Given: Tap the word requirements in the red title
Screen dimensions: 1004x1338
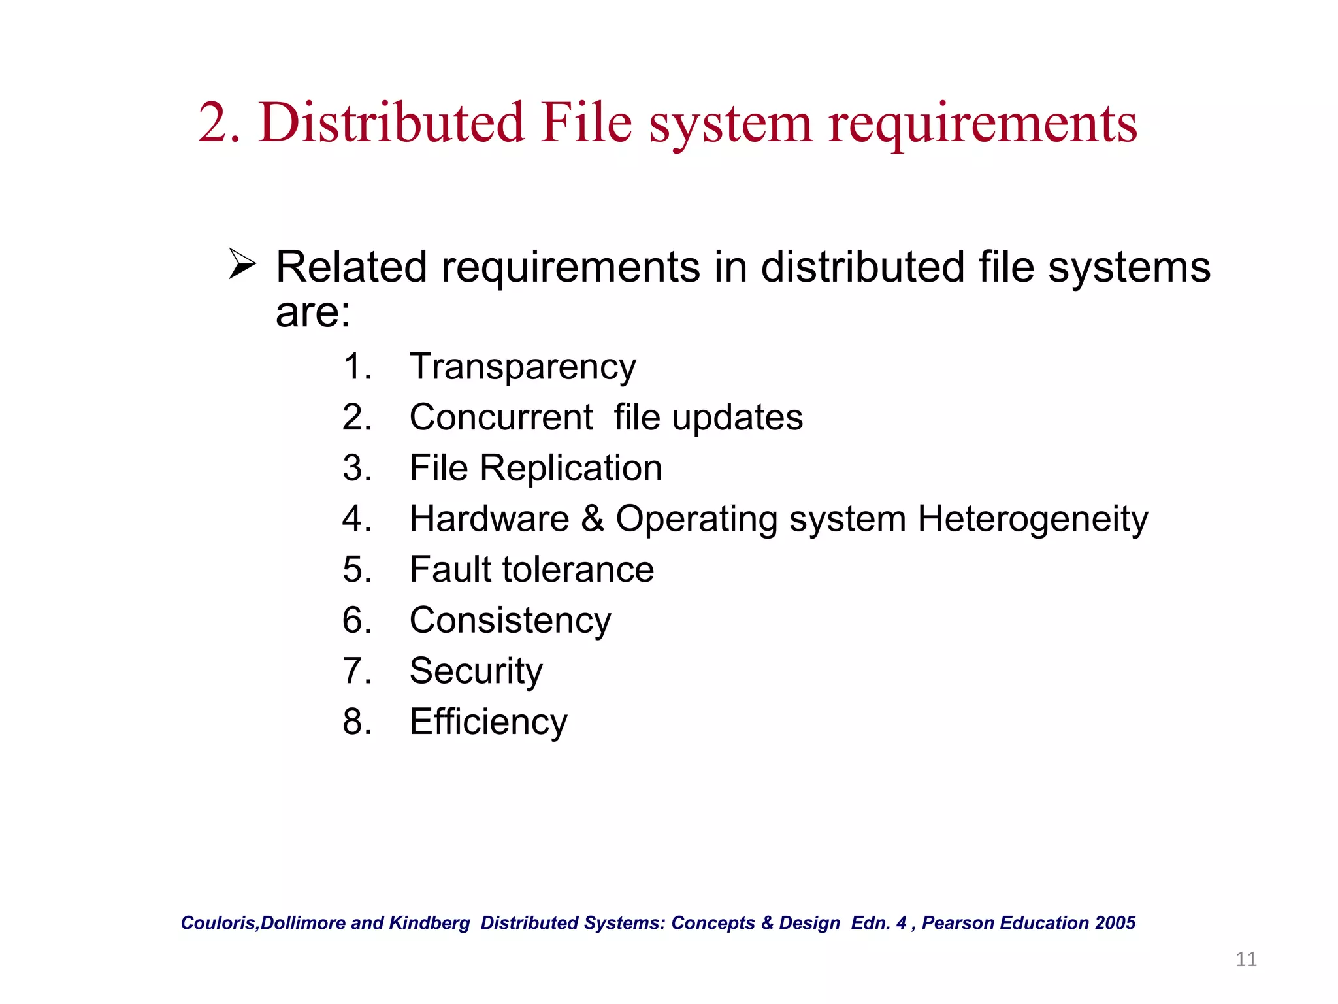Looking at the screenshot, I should [x=983, y=124].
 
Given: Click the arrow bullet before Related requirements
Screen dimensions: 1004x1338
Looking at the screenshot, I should [x=242, y=265].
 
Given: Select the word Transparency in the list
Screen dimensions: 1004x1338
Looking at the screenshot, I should [x=523, y=367].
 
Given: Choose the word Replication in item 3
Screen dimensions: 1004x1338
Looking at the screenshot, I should [x=571, y=468].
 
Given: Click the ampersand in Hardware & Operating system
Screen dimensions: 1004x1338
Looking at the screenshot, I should [x=593, y=518].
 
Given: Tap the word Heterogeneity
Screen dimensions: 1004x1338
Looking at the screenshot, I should [x=1032, y=520].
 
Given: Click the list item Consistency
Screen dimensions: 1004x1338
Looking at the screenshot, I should [x=510, y=620].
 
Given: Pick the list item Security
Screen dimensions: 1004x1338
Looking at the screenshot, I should [x=476, y=671].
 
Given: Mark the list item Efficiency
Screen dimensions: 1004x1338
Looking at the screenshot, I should [x=488, y=722].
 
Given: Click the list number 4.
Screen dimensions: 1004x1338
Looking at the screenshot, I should [x=357, y=518].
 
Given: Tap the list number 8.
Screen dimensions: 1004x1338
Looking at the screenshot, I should [x=357, y=722].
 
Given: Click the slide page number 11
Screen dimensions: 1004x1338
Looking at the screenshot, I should [x=1246, y=959].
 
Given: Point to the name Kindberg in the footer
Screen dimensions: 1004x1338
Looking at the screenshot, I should [x=429, y=922].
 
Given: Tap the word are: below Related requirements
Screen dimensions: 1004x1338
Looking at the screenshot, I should [x=313, y=312].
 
